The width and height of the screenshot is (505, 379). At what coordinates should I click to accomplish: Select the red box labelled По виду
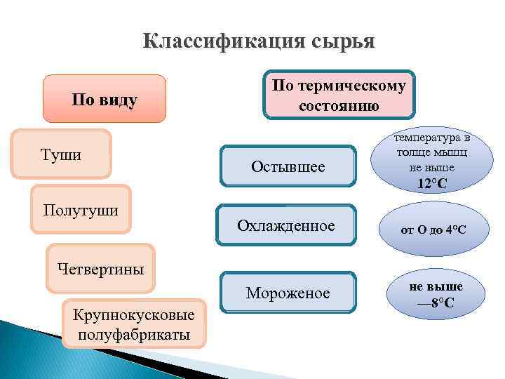pos(105,99)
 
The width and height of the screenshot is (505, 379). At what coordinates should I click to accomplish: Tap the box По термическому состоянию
pos(339,95)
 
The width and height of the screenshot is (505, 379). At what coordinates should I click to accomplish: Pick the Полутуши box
pos(81,209)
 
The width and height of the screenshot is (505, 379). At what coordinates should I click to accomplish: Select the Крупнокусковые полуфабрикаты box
pos(135,324)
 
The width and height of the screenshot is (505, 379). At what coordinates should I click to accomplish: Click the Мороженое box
pos(288,292)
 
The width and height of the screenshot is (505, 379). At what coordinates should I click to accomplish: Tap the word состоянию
pos(339,106)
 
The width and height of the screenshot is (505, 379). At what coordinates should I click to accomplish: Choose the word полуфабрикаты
pos(135,334)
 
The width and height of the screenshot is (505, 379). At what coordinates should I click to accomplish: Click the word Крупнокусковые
pos(135,314)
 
